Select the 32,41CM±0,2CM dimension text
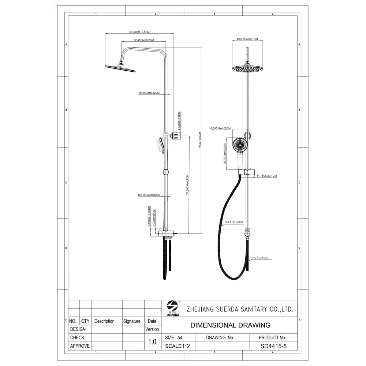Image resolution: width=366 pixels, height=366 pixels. (143, 40)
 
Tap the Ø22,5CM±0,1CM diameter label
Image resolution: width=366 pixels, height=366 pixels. (247, 39)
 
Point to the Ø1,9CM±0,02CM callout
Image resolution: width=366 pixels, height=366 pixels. (149, 93)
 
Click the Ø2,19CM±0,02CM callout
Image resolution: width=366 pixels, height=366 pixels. (149, 195)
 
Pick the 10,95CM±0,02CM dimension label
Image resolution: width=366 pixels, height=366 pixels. (220, 128)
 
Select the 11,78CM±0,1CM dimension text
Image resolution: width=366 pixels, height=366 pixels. (266, 176)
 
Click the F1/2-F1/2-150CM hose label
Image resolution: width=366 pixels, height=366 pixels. (234, 222)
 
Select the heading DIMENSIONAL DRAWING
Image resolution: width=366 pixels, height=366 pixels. (231, 325)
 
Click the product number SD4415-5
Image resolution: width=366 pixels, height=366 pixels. (272, 346)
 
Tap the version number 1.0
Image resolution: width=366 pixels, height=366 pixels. (152, 342)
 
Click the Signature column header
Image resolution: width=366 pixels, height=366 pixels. (132, 321)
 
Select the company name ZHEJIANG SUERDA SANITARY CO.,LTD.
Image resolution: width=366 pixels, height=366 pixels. (240, 309)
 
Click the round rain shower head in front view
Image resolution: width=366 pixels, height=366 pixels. (247, 69)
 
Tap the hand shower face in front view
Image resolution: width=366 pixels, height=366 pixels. (240, 145)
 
